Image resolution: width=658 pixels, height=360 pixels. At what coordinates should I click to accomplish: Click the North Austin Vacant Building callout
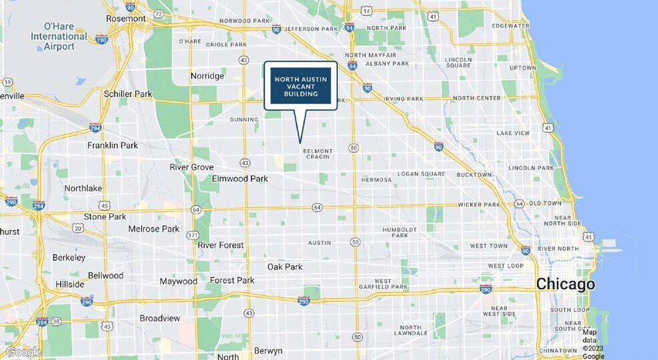coord(300,86)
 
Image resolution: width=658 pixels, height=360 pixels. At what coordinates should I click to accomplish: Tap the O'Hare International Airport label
coord(59,36)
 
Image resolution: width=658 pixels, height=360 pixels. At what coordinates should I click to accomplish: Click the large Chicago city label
coord(565,284)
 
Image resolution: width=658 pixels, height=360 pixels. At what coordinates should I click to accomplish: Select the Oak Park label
coord(285,267)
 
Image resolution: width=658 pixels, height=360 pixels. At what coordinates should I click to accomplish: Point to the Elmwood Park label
coord(239,179)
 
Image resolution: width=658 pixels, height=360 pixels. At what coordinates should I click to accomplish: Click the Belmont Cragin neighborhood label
coord(318,154)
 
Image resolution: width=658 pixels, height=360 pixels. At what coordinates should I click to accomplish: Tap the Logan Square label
coord(421,174)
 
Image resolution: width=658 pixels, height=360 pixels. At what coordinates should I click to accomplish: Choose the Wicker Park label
coord(479,204)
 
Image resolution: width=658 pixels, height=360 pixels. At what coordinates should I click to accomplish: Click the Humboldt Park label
coord(400,232)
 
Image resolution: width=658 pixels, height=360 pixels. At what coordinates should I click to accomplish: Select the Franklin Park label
coord(112,145)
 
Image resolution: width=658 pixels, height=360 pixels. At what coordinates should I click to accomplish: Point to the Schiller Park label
coord(128,94)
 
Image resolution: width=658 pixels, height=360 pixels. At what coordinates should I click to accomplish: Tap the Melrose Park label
coord(154,229)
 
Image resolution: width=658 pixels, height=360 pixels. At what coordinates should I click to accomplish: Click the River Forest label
coord(221,246)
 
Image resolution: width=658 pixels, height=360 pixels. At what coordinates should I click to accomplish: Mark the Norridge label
coord(207,76)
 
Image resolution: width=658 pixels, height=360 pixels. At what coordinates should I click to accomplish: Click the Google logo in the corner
coord(23,352)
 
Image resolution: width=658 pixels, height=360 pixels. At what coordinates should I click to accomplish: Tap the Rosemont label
coord(125,19)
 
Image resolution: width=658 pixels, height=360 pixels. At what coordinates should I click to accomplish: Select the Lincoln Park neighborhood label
coord(531,168)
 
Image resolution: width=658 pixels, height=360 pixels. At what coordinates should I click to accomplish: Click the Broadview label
coord(159,319)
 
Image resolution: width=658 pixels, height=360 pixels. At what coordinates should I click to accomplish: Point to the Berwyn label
coord(268,351)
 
